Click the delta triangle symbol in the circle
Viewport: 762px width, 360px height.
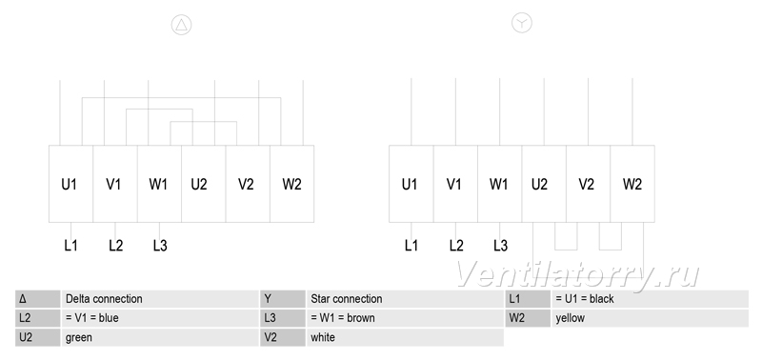(x=181, y=25)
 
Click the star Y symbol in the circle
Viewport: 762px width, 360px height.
(x=522, y=23)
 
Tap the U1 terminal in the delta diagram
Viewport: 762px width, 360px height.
(x=70, y=184)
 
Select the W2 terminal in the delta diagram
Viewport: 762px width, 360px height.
(x=292, y=184)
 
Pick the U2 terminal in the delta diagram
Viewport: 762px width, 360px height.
(x=204, y=184)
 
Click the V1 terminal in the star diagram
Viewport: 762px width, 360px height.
(x=455, y=184)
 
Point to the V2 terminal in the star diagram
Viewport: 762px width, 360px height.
(x=588, y=184)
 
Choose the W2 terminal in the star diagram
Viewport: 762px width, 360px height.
(x=632, y=184)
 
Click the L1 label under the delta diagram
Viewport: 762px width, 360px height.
(x=70, y=246)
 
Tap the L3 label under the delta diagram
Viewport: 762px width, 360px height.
(x=160, y=246)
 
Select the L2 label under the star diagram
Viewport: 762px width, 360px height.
(x=456, y=246)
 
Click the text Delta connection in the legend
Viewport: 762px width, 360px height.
(x=104, y=299)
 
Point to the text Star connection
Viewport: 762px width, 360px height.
(x=347, y=299)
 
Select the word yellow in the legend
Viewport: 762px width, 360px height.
(x=570, y=318)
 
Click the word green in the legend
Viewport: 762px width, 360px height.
(x=79, y=338)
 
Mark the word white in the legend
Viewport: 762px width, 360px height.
(x=323, y=337)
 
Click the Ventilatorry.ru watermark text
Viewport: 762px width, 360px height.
(x=577, y=275)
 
